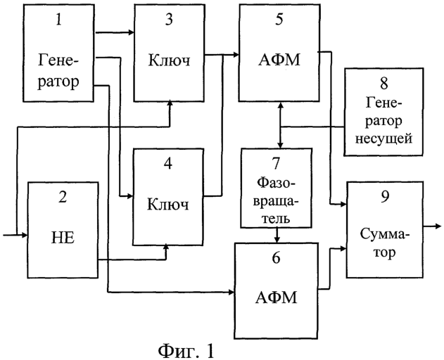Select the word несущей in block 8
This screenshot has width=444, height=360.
pyautogui.click(x=386, y=139)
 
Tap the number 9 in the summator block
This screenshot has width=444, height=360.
pyautogui.click(x=384, y=195)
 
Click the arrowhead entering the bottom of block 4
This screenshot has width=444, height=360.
pyautogui.click(x=166, y=246)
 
